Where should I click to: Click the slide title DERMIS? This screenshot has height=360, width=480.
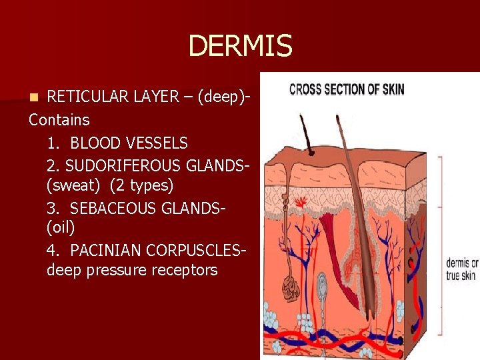click(x=240, y=46)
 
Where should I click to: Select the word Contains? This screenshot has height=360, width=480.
click(x=59, y=120)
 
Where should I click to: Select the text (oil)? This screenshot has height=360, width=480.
click(x=61, y=227)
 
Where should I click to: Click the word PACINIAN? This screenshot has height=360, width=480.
click(x=104, y=251)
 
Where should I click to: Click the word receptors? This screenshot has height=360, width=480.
click(x=184, y=270)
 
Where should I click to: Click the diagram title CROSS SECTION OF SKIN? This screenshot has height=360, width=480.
click(x=346, y=89)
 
